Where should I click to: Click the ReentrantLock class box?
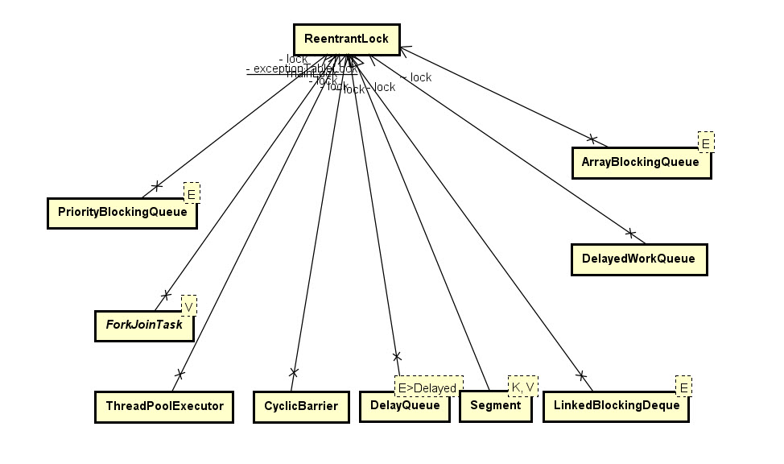pos(346,39)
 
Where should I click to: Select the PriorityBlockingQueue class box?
pos(122,213)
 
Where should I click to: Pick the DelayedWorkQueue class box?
pos(638,259)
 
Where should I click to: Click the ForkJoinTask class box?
pos(144,325)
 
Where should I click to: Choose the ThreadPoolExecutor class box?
pos(164,406)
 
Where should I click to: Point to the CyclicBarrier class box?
pos(301,406)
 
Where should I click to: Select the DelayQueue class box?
pos(404,406)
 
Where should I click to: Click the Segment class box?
pos(495,406)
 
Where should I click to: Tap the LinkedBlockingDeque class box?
pos(616,406)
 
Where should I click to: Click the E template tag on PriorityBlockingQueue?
pos(192,193)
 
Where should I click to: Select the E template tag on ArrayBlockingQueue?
pos(706,143)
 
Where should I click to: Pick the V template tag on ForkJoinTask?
pos(188,306)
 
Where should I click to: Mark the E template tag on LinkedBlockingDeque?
pos(683,387)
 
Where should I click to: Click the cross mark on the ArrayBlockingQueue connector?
pos(592,138)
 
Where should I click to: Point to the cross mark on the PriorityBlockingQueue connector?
pos(156,187)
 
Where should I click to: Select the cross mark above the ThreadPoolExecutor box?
pos(179,374)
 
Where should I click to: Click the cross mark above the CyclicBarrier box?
pos(294,372)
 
